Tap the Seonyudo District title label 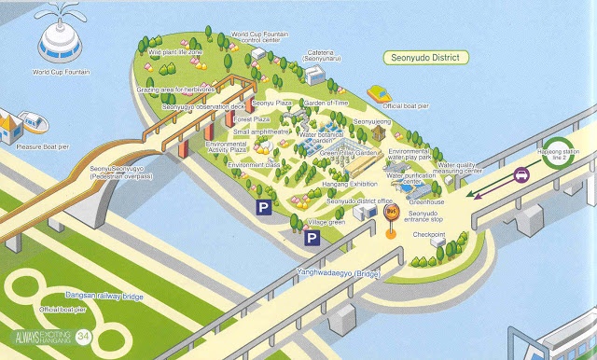tap(426, 58)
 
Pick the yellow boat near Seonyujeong tap(381, 94)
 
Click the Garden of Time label tap(326, 102)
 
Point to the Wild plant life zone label tap(174, 53)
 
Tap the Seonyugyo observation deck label tap(202, 106)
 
